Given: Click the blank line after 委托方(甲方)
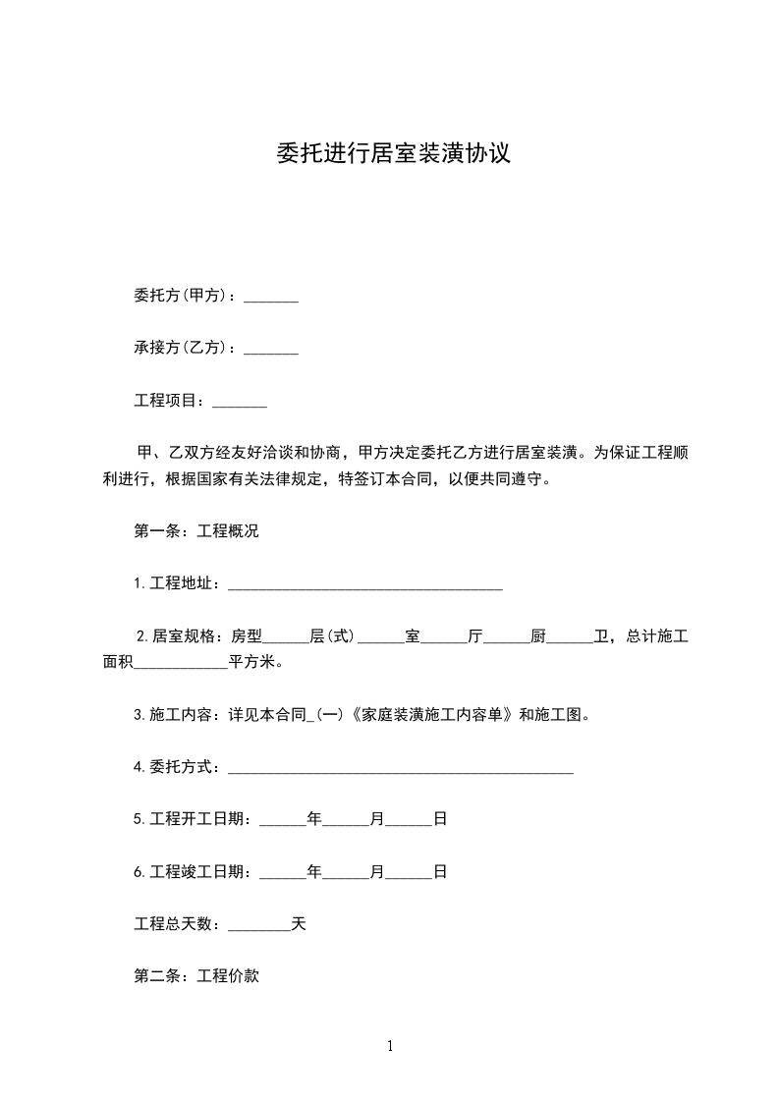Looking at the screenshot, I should pos(270,297).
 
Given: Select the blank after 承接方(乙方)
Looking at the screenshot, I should pos(270,349).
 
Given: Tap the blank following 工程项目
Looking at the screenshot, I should pos(240,402).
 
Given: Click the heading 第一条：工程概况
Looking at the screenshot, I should pos(195,531).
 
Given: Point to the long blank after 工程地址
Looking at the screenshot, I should pos(364,585).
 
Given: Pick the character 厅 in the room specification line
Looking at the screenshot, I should pos(475,636).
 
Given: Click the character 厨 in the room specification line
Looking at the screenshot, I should pos(537,636).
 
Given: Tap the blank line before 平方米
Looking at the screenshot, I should pos(180,664).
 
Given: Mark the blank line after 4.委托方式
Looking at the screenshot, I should pos(400,768).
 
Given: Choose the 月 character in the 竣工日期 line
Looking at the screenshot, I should pos(376,871).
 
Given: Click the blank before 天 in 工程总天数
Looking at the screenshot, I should pos(258,925).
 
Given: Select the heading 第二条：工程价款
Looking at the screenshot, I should pos(195,977).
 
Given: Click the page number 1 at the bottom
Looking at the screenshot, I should pos(390,1046).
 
